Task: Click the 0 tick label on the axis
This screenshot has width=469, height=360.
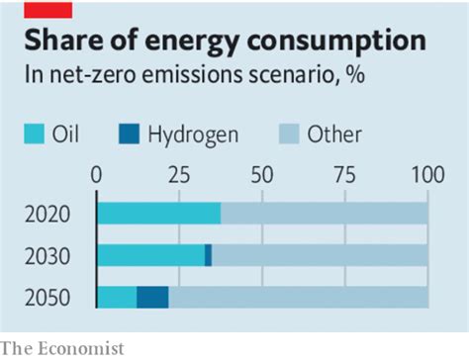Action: click(96, 176)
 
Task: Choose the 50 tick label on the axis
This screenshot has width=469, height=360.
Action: click(262, 176)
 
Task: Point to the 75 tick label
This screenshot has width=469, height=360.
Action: click(345, 176)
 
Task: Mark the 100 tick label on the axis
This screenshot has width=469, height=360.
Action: click(426, 176)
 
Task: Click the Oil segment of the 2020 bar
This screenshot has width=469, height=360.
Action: click(158, 214)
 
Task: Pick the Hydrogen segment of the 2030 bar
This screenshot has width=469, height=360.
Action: click(208, 255)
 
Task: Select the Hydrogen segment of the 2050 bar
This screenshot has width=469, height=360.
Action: click(152, 297)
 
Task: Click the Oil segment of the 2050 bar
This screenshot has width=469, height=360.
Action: click(117, 297)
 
